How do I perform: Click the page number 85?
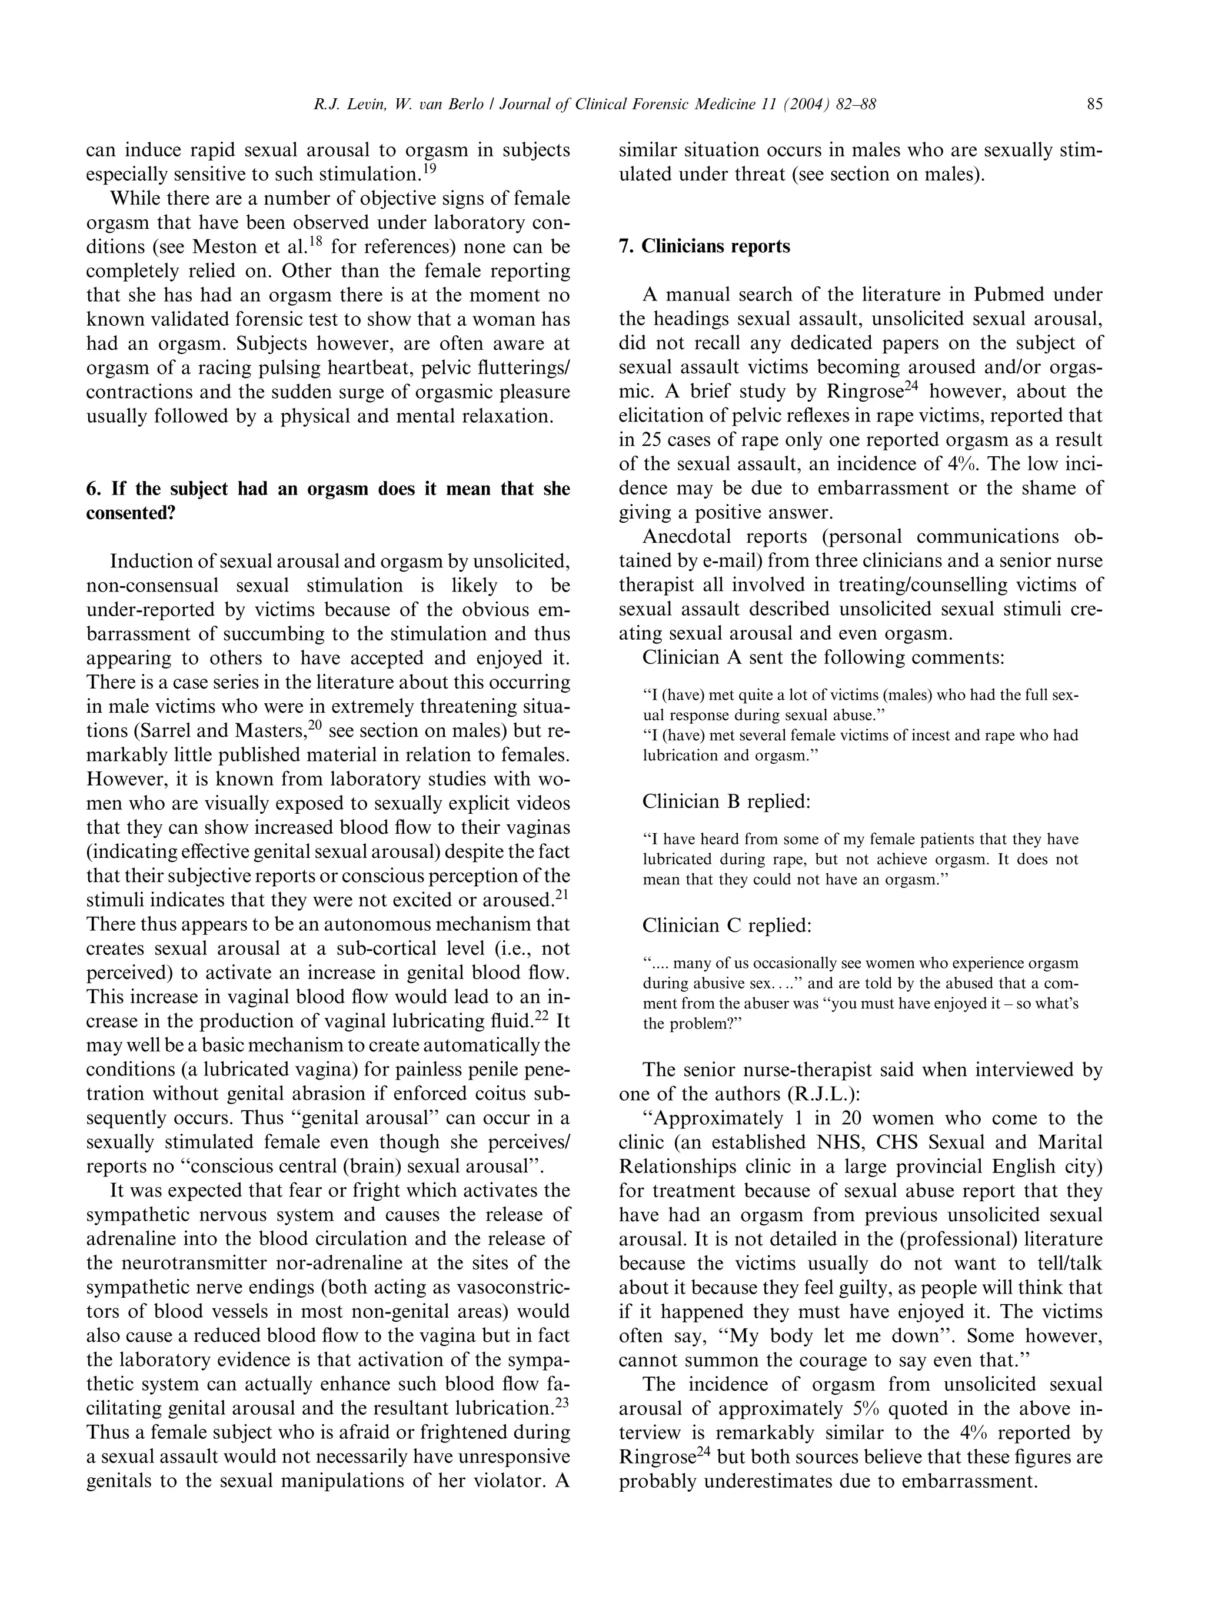pos(1094,105)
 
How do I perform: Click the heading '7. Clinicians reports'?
pos(704,246)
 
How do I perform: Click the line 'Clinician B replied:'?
pos(725,801)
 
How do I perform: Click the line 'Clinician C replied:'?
pos(726,926)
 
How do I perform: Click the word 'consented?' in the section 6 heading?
pos(131,513)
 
